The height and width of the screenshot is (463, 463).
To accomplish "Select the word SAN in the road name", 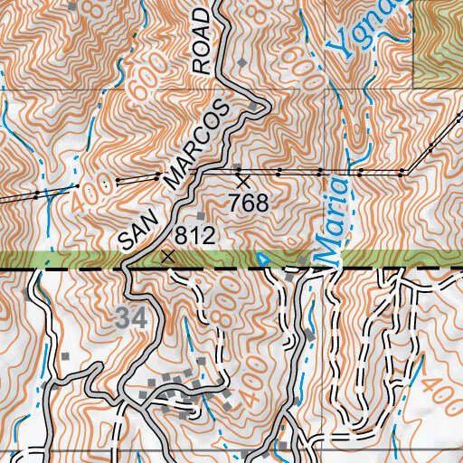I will [135, 231].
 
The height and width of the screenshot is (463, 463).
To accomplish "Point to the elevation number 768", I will [249, 203].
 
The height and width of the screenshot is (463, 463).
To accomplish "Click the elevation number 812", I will [194, 237].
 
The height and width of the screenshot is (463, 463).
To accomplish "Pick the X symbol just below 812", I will [166, 257].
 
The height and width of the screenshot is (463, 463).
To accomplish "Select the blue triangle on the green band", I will [263, 260].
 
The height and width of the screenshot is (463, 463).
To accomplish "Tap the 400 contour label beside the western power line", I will [90, 188].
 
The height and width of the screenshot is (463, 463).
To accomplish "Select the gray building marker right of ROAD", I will [242, 61].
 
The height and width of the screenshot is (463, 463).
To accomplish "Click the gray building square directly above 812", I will [201, 215].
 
